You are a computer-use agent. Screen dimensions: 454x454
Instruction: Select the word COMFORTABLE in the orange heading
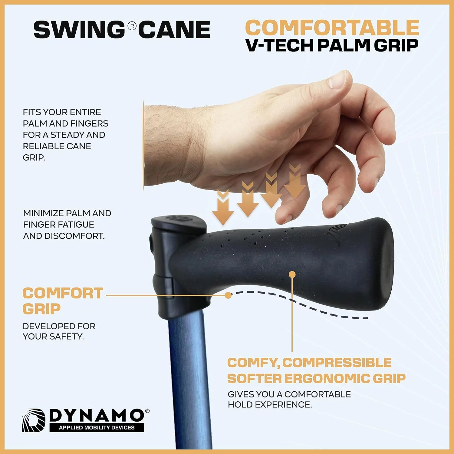click(332, 28)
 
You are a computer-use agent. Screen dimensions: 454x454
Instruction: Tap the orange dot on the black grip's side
click(292, 275)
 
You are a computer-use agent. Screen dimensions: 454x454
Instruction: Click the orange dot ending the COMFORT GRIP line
click(229, 295)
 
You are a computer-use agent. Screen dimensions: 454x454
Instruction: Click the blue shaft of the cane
click(189, 378)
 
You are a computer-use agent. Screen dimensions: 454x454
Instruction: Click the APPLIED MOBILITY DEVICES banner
click(97, 427)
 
